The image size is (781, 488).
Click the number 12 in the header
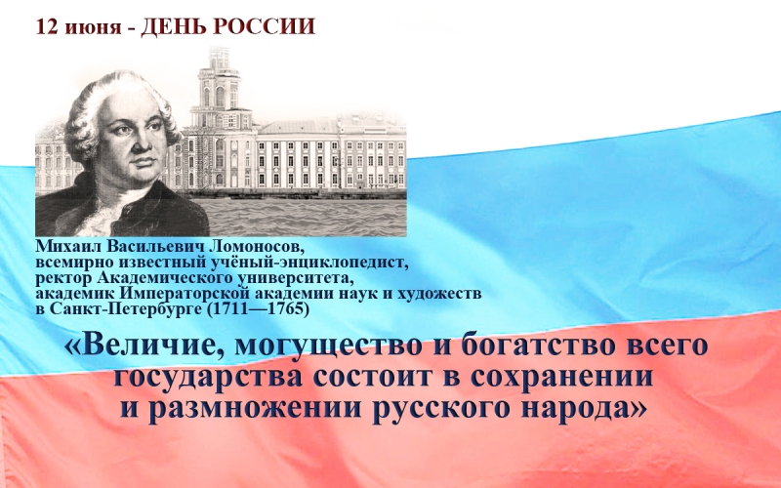click(x=44, y=27)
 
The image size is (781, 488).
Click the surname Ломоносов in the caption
click(x=259, y=246)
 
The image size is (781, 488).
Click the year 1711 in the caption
click(x=226, y=309)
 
